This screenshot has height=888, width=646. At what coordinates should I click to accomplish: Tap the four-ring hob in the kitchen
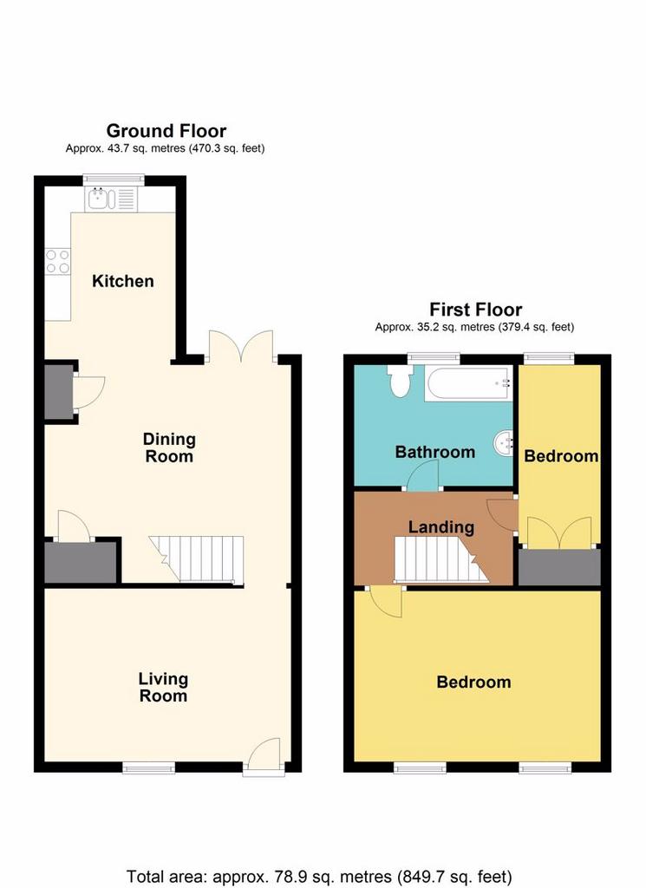pos(58,262)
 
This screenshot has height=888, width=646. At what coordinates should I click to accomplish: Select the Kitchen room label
pos(123,281)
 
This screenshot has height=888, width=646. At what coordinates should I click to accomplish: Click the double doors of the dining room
pos(242,345)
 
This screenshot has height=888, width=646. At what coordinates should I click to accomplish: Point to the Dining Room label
pos(169,447)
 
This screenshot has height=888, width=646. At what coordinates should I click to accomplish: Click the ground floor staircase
pos(197,559)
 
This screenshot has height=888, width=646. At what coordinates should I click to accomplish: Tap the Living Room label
pos(163,687)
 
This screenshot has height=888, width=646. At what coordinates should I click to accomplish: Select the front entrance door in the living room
pos(264,754)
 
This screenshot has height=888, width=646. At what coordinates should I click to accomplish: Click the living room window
pos(149,767)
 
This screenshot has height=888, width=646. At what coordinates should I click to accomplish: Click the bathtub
pos(469,384)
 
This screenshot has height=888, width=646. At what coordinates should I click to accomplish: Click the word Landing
pos(441,526)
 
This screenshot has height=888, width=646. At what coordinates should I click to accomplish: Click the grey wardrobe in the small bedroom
pos(559,567)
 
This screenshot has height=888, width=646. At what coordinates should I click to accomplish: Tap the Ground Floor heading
pos(166,131)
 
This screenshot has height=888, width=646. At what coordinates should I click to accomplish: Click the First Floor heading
pos(475,310)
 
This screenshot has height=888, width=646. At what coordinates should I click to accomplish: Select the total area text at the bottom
pos(319,877)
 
